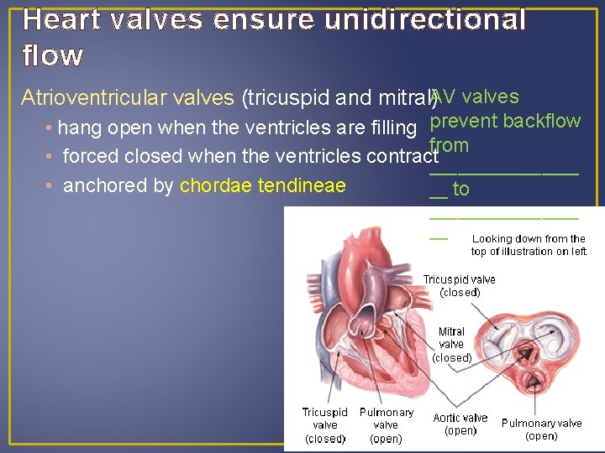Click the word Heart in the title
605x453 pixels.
60,19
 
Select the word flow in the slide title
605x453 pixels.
52,55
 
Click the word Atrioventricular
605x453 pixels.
127,98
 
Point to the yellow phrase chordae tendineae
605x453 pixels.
263,185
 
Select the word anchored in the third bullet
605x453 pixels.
100,185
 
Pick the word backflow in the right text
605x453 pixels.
542,121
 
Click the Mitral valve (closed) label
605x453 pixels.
451,344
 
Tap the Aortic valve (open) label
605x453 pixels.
460,424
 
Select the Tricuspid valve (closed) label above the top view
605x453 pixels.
459,285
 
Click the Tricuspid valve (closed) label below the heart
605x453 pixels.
325,425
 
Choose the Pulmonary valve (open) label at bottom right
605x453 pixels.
541,429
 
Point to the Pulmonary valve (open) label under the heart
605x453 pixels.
386,425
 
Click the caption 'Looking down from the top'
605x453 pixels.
529,245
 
